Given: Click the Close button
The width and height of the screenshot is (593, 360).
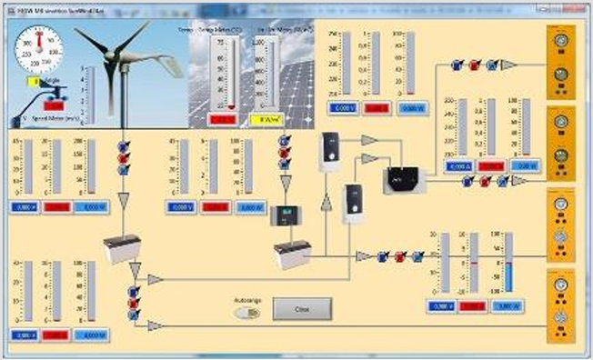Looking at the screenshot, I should tap(302, 309).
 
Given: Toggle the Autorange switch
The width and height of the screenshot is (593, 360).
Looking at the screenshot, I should tap(246, 312).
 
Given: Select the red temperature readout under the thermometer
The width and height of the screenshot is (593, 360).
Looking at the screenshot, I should tap(223, 119).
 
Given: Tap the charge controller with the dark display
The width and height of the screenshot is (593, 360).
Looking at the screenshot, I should tap(291, 215).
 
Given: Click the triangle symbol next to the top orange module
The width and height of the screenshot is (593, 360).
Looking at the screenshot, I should tap(508, 65).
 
